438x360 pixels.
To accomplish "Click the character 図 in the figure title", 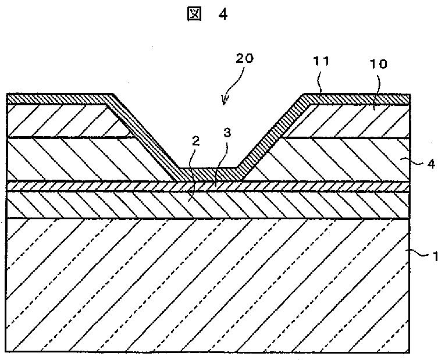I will (x=193, y=15).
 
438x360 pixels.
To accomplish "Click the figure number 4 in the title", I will (x=223, y=15).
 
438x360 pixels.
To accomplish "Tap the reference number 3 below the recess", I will (x=227, y=133).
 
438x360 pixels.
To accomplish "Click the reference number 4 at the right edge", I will (x=430, y=164).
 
